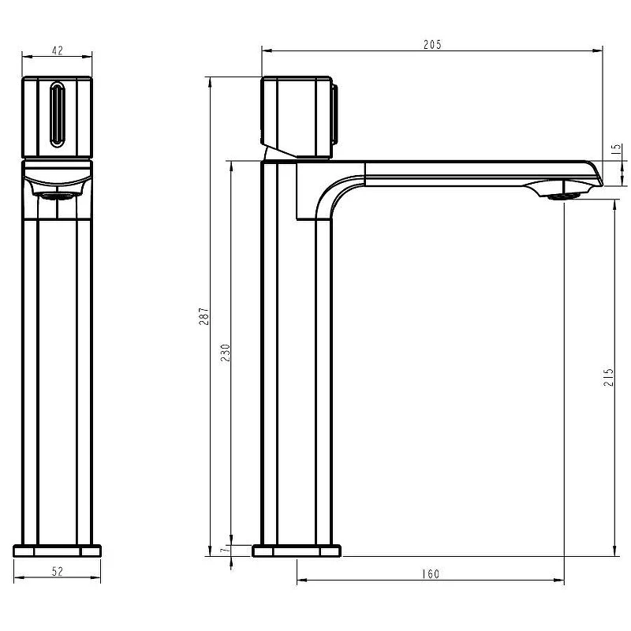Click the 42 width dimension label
(58, 50)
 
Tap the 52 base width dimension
(58, 571)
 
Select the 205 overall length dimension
(432, 45)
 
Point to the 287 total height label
(204, 316)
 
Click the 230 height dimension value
(226, 353)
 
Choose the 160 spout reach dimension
(431, 574)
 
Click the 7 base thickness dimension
(226, 548)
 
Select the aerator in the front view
(56, 196)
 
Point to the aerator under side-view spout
(563, 196)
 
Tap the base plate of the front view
(57, 551)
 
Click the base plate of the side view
(297, 551)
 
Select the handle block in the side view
(297, 117)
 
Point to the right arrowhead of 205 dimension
(598, 50)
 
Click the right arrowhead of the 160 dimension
(559, 581)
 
